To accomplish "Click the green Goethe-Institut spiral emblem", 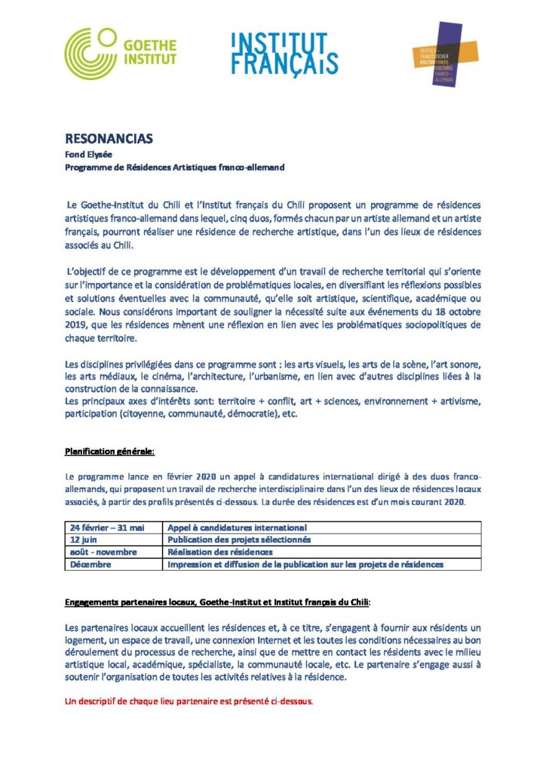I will (x=91, y=54).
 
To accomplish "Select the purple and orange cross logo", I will (x=436, y=54).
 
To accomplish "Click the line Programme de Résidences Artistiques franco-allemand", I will (x=175, y=167).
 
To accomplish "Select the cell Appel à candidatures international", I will (x=237, y=528).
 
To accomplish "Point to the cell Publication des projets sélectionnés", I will (x=239, y=540).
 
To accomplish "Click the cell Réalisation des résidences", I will (x=219, y=552).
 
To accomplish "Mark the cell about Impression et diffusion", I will (x=305, y=564).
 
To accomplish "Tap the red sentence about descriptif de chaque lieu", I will (x=189, y=701).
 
